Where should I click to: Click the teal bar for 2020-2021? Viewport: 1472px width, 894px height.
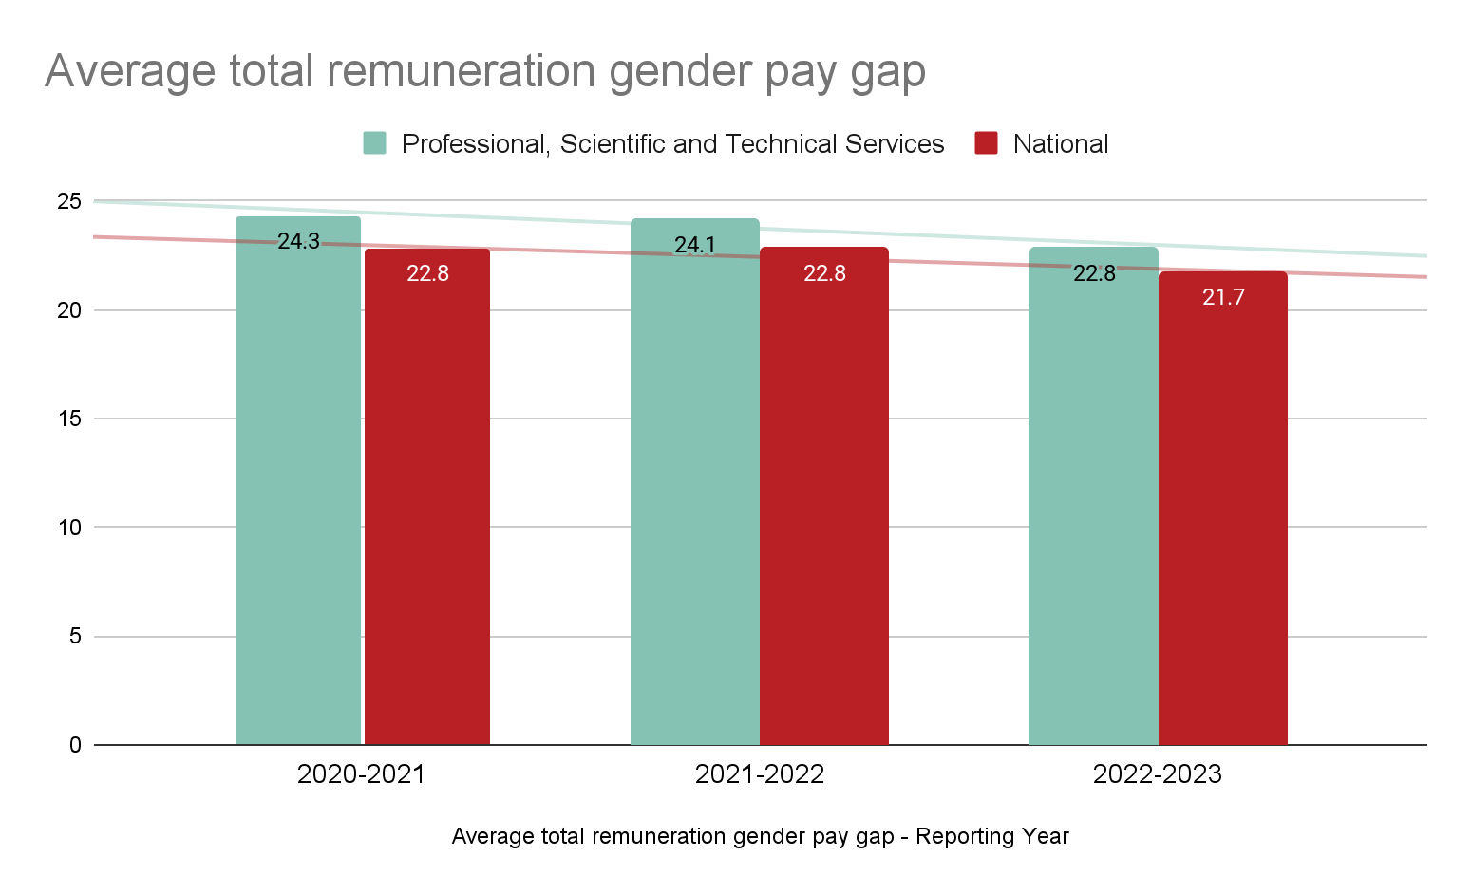(298, 494)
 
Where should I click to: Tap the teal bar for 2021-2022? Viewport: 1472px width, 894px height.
(695, 494)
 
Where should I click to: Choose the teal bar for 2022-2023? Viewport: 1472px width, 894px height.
(1094, 512)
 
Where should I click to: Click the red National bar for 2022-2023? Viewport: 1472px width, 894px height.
(1223, 522)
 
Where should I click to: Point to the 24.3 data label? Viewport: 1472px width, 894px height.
(298, 241)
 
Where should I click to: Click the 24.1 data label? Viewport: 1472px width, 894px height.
(695, 245)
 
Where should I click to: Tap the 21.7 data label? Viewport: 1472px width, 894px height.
(1223, 297)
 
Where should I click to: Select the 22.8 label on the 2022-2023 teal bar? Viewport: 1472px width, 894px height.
(1094, 273)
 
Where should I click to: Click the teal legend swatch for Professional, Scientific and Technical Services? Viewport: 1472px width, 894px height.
(374, 143)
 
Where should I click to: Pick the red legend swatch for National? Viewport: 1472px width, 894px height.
(986, 143)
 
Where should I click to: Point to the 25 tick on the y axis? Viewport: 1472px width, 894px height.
(69, 201)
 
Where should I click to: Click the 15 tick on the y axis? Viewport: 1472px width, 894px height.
(69, 419)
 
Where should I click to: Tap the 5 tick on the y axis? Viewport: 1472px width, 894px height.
(75, 636)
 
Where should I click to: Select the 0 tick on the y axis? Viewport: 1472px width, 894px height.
(75, 745)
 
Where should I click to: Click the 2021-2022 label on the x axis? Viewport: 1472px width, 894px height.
(760, 774)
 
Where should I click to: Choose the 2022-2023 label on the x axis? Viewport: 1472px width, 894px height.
(1158, 774)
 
